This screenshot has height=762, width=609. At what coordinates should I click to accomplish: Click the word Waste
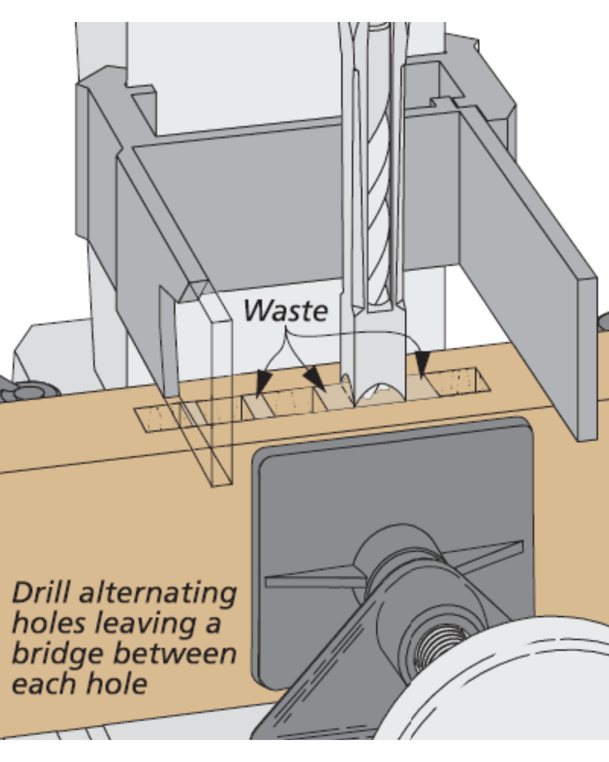pyautogui.click(x=285, y=310)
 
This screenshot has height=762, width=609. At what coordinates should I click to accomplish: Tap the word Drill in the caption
pyautogui.click(x=41, y=593)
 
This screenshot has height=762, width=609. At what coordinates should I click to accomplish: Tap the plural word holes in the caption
pyautogui.click(x=48, y=623)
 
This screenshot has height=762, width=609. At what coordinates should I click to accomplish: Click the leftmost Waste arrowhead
pyautogui.click(x=261, y=384)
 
